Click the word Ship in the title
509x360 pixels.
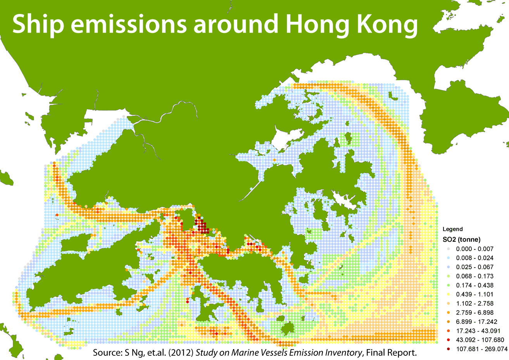pos(38,24)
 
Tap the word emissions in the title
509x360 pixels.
pos(128,24)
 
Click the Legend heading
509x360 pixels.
pos(453,229)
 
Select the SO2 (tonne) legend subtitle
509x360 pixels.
pos(462,239)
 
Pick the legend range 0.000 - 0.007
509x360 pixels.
pos(475,249)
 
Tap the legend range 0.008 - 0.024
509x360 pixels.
pos(475,258)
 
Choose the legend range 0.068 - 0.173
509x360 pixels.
pos(475,276)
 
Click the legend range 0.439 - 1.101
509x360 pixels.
pos(475,294)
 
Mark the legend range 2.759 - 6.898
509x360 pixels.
pos(475,313)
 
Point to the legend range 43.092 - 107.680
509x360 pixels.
pos(480,340)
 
